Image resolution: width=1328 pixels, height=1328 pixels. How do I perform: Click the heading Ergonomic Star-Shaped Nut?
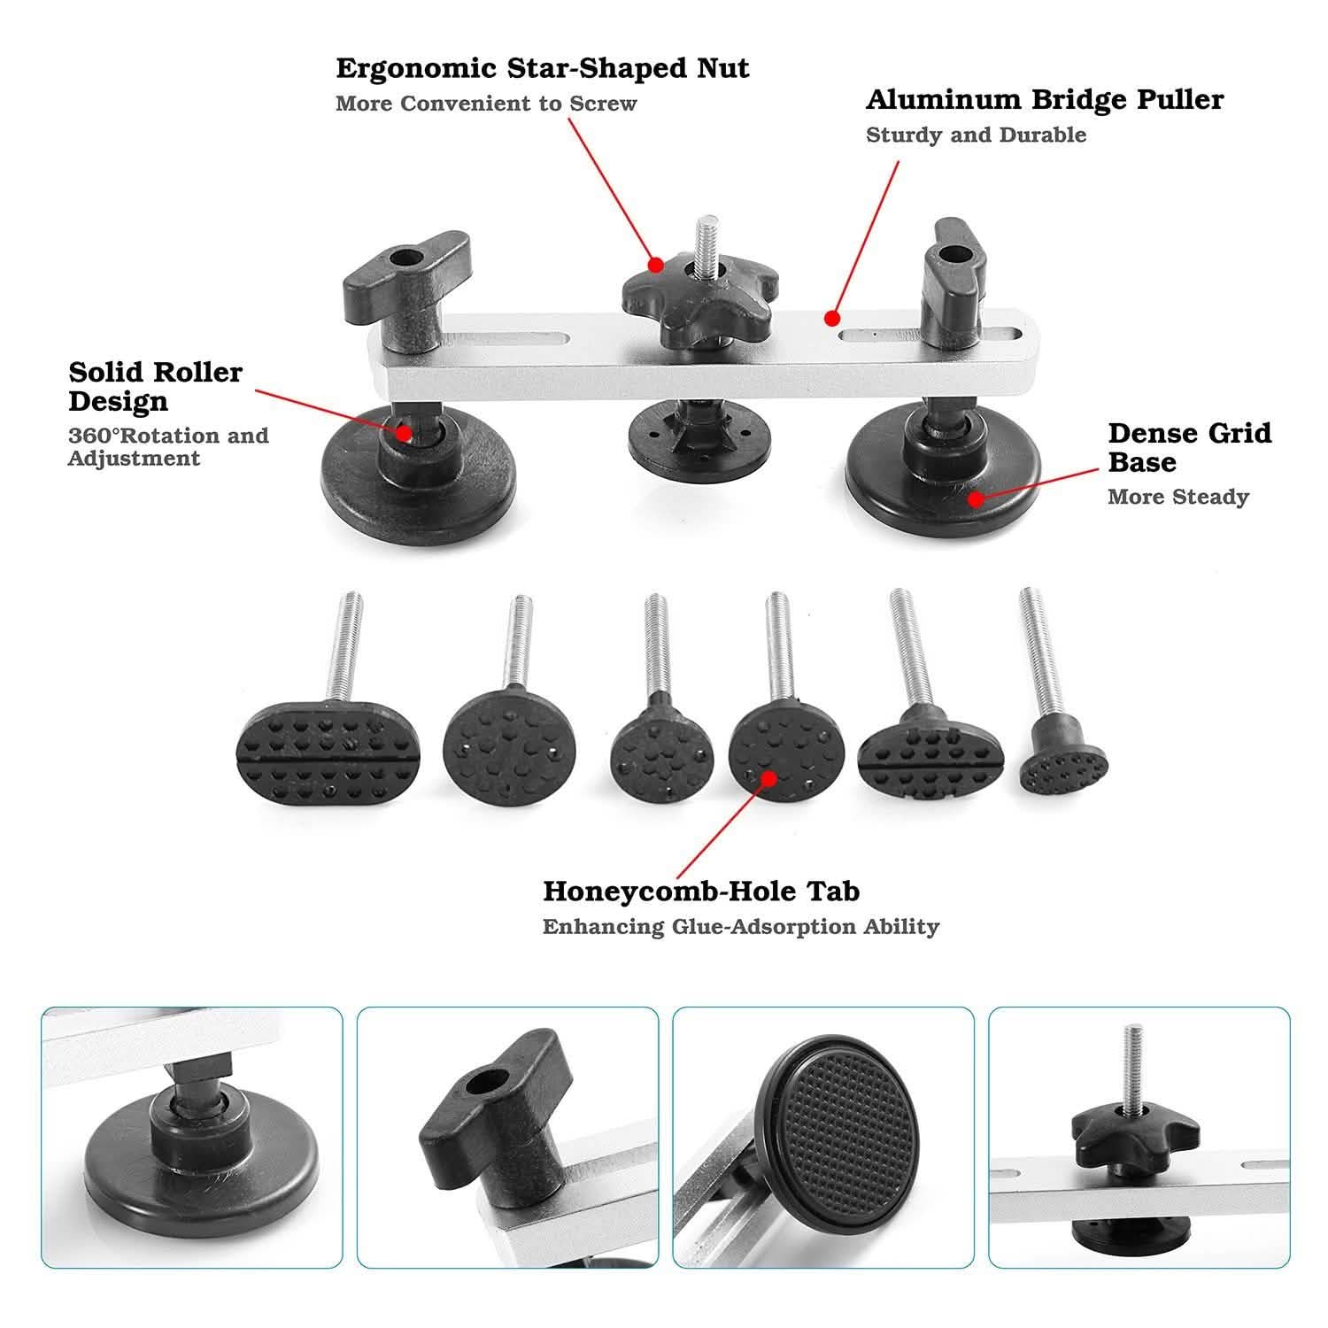click(x=542, y=68)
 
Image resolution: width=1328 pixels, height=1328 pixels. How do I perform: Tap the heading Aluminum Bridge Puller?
click(x=1045, y=100)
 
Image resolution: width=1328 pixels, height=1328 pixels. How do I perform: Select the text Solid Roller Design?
click(x=156, y=386)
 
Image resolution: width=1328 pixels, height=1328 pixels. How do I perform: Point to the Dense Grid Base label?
click(x=1189, y=447)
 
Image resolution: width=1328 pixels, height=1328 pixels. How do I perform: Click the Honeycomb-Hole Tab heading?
click(x=701, y=891)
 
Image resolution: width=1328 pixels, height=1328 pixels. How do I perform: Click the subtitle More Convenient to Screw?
click(x=486, y=104)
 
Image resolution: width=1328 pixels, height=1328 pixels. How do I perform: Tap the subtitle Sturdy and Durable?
click(x=976, y=135)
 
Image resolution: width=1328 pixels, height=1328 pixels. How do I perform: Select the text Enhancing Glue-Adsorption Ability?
click(x=740, y=927)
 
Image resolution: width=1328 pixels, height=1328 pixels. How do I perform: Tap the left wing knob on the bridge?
click(x=405, y=270)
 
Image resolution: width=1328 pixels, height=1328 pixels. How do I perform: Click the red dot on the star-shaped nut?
click(x=655, y=264)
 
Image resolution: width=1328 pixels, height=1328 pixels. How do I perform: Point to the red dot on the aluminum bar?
click(x=831, y=317)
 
